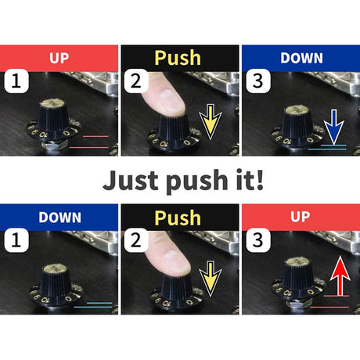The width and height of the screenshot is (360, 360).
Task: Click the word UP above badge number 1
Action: [x=59, y=58]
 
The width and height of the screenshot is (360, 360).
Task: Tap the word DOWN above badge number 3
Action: [x=301, y=58]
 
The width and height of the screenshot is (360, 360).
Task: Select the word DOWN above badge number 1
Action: [x=59, y=218]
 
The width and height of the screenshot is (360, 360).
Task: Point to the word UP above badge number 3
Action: [x=301, y=217]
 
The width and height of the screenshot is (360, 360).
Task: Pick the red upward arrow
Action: [x=340, y=275]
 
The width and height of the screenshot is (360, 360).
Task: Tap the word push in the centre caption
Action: [x=197, y=182]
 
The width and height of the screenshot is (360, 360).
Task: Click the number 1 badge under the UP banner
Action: [x=16, y=81]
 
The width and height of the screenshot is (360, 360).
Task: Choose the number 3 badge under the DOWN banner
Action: [x=258, y=81]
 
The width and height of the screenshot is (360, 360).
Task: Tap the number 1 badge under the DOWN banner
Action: [x=16, y=240]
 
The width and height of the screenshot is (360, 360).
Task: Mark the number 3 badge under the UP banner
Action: [x=258, y=240]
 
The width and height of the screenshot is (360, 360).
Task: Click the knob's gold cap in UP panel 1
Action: [x=53, y=103]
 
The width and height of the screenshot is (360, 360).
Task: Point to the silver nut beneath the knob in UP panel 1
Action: [x=54, y=145]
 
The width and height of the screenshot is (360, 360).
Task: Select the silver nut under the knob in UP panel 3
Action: [x=298, y=304]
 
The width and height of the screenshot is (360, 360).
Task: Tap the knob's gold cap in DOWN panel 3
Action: [x=297, y=110]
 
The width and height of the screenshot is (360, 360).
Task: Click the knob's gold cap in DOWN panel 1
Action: [x=55, y=268]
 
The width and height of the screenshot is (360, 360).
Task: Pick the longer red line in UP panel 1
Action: [x=88, y=148]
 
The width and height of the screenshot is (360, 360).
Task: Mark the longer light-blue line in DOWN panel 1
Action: [x=93, y=307]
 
